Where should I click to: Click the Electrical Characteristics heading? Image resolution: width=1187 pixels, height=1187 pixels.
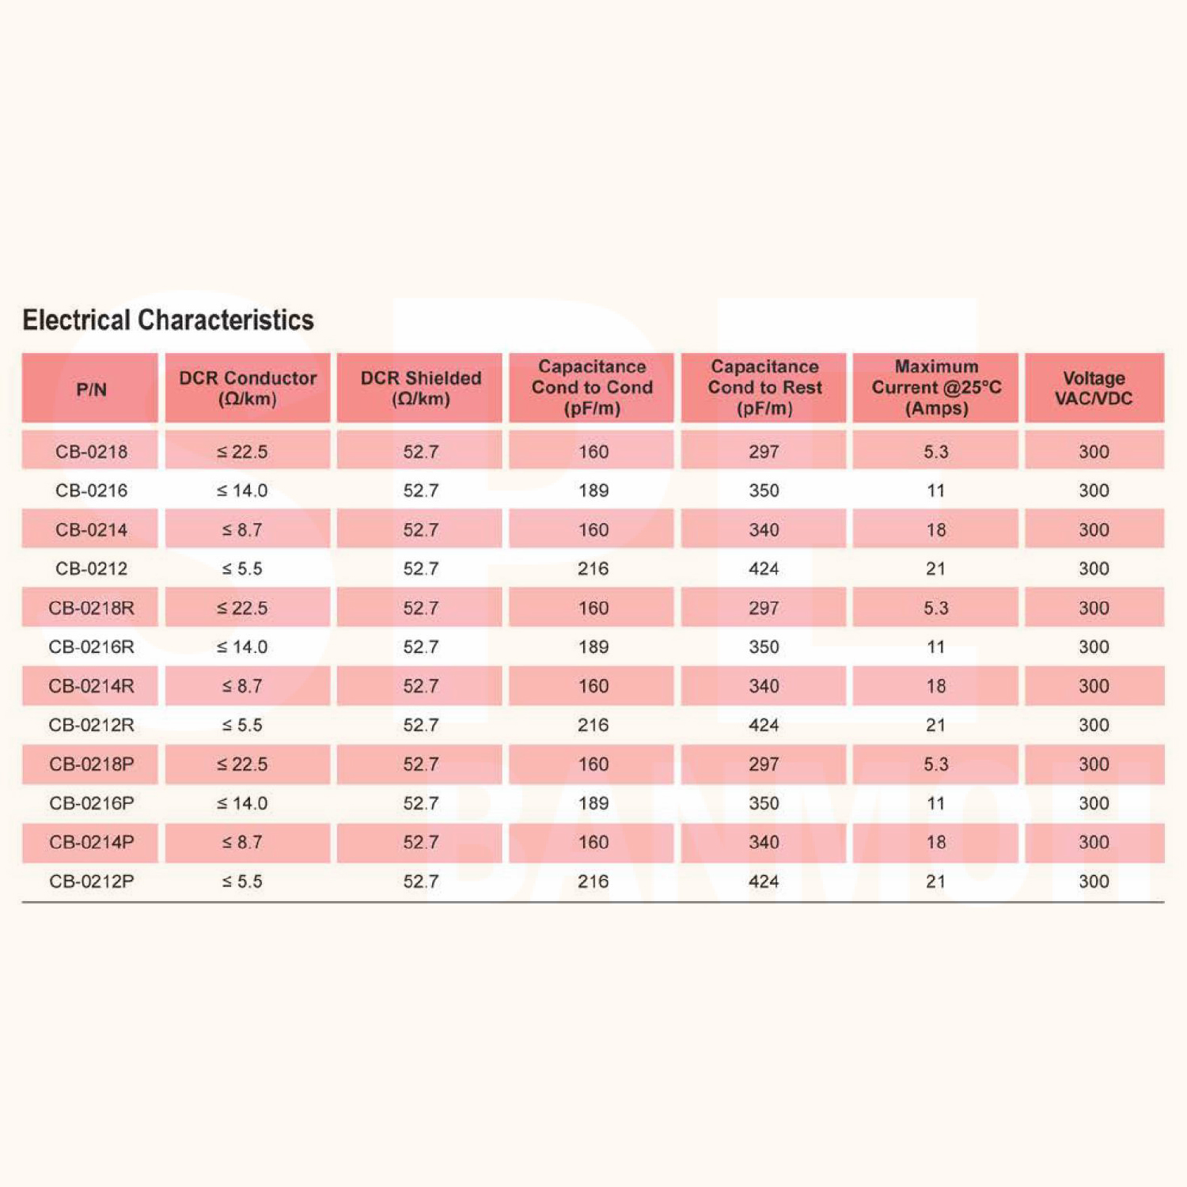(168, 320)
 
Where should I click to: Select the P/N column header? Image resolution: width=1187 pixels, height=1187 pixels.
(91, 389)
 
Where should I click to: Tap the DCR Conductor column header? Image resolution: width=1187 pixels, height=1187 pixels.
(248, 388)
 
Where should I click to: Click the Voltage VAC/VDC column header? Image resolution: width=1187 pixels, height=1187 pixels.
(1094, 388)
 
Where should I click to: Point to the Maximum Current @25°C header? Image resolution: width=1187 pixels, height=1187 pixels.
(936, 388)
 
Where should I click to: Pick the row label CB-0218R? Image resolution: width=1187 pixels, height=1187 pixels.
(91, 608)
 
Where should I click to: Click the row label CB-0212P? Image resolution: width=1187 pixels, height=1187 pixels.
(91, 882)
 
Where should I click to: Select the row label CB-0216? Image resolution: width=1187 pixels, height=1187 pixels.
(91, 491)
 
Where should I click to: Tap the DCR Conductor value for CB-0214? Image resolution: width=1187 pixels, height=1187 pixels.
(242, 530)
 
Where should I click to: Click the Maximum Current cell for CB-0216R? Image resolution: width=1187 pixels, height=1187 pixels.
(935, 647)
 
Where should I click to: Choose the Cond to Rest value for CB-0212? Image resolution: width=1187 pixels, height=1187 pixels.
(764, 569)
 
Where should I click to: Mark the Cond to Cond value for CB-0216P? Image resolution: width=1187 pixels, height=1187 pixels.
(593, 803)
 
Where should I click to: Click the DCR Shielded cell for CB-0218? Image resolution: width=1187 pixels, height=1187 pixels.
(420, 452)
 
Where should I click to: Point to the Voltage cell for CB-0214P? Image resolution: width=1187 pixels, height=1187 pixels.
(1094, 843)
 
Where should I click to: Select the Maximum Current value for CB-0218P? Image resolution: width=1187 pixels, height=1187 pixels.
(935, 764)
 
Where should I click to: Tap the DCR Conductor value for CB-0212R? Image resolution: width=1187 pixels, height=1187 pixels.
(242, 725)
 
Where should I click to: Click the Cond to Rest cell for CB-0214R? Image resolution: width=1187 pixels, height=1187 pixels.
(764, 686)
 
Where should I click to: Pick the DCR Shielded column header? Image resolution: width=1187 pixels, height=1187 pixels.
(420, 388)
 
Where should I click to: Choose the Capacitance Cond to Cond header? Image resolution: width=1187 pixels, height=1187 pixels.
(592, 388)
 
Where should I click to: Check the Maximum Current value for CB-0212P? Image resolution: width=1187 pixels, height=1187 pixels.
(935, 882)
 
